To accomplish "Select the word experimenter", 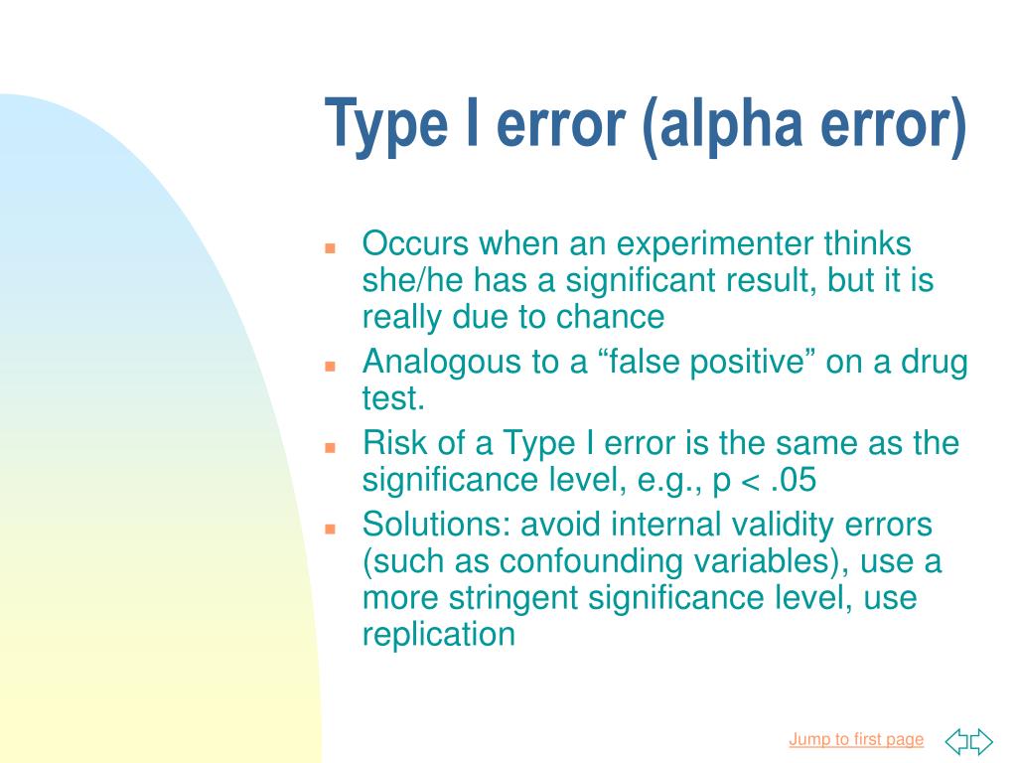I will pyautogui.click(x=711, y=243).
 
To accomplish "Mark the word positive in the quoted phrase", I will pyautogui.click(x=739, y=363).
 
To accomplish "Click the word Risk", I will pyautogui.click(x=394, y=443).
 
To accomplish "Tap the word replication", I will pyautogui.click(x=439, y=636).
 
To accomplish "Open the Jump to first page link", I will pyautogui.click(x=856, y=739).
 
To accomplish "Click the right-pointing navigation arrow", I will pyautogui.click(x=981, y=740).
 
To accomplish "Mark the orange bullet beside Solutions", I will pyautogui.click(x=331, y=527).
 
